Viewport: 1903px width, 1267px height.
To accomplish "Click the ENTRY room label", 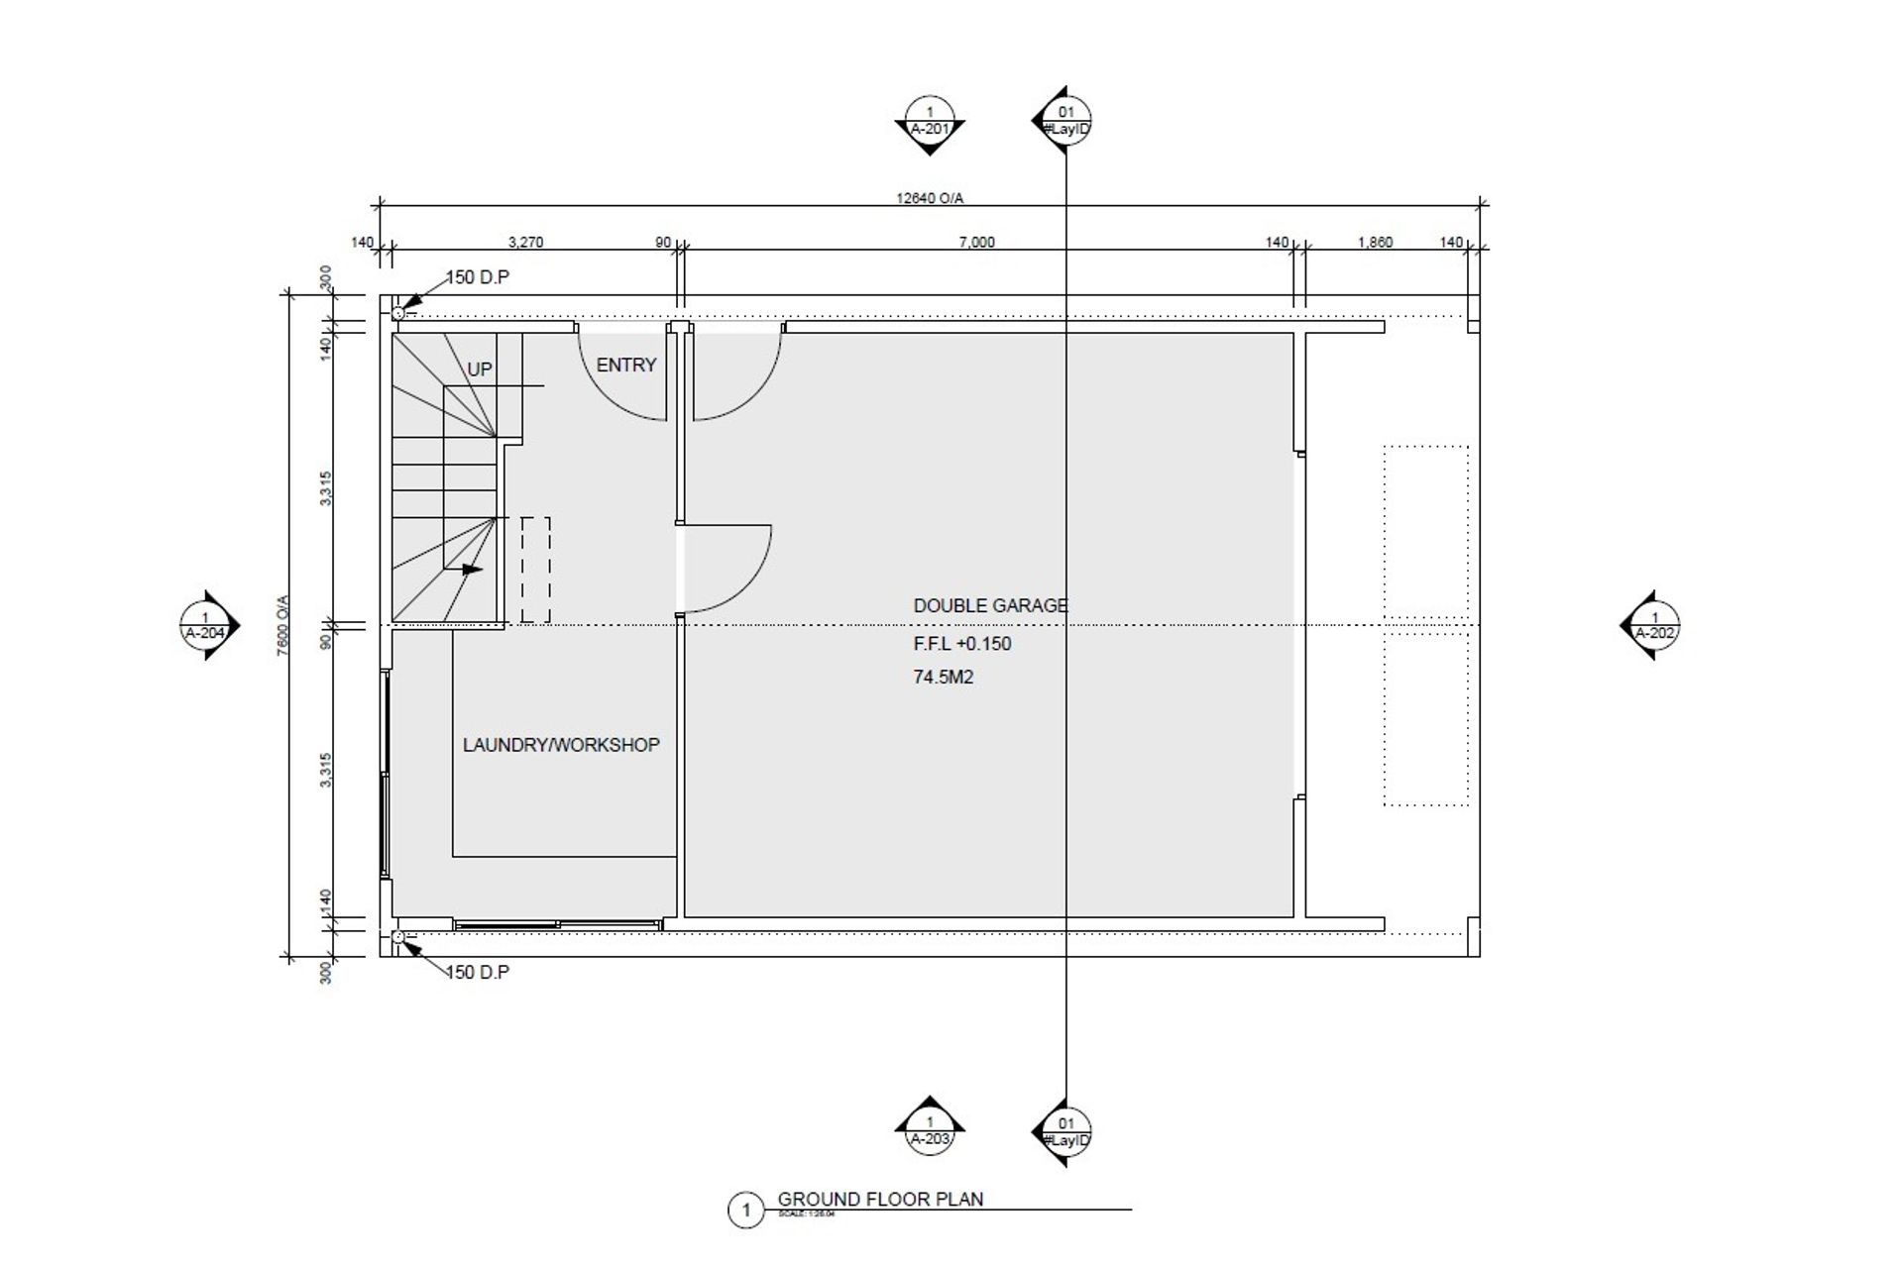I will (x=625, y=366).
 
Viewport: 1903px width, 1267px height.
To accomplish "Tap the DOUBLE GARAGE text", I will (x=990, y=605).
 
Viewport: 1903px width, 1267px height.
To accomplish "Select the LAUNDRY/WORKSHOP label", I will (x=561, y=745).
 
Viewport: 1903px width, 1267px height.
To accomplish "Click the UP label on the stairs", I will (x=480, y=370).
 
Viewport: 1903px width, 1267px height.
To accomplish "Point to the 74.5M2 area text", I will (x=943, y=678).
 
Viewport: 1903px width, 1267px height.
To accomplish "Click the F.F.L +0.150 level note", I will (x=961, y=644).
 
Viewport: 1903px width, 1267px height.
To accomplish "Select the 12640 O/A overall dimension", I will (x=929, y=198).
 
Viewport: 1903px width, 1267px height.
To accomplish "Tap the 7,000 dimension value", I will (x=976, y=242).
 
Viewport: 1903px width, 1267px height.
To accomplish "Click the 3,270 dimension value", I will (x=525, y=242).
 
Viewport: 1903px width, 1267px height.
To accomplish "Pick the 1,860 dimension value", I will (x=1375, y=242).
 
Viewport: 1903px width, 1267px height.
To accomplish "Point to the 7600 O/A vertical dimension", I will (x=282, y=624).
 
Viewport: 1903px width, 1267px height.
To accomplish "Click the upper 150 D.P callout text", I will (x=477, y=277).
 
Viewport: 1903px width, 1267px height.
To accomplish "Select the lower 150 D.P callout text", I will (x=477, y=972).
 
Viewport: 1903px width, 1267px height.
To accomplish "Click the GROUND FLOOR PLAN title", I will (x=880, y=1199).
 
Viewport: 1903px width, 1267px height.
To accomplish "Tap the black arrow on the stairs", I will (x=471, y=570).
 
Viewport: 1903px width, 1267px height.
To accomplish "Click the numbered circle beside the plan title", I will (x=745, y=1210).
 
